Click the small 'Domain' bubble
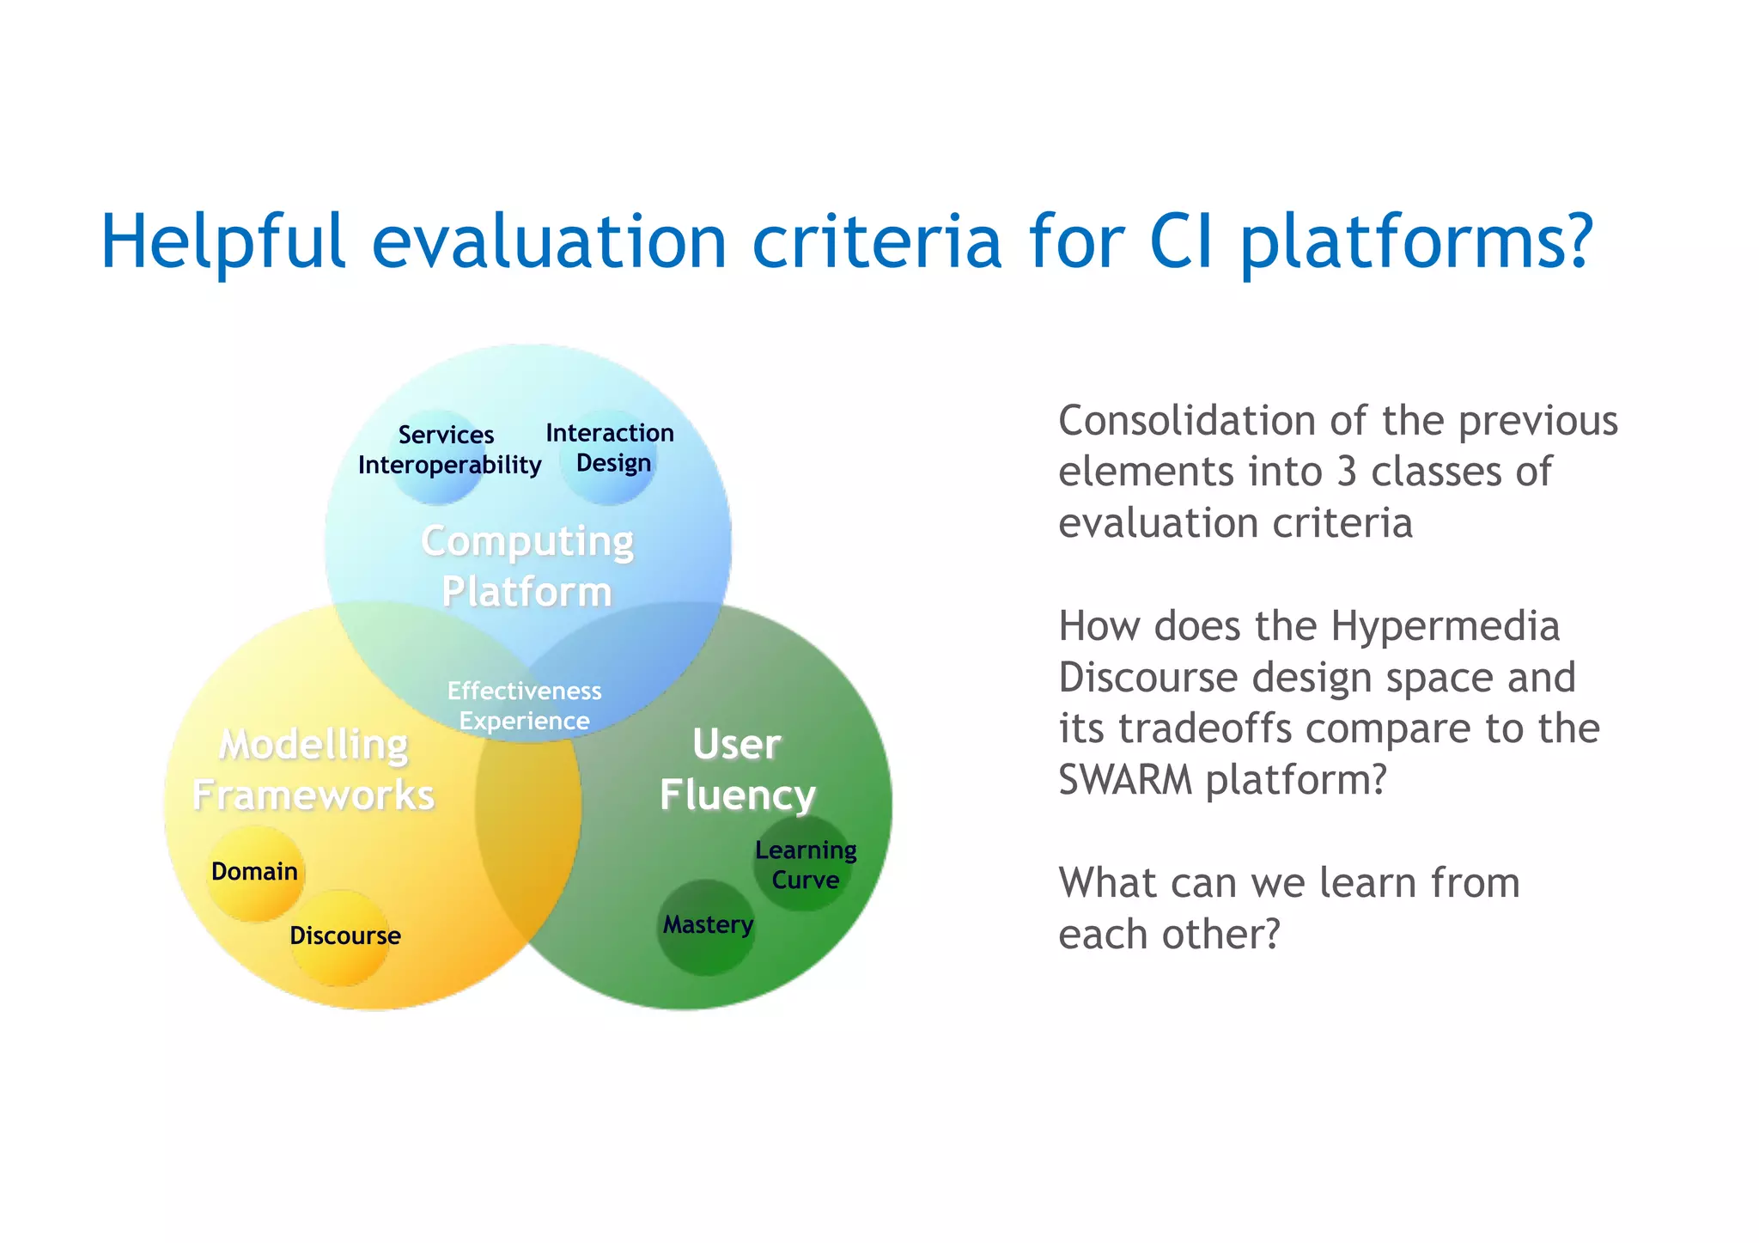pos(255,873)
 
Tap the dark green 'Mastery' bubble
pos(707,926)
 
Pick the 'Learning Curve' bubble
pos(805,864)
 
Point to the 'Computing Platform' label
pos(527,566)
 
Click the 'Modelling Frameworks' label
pos(313,770)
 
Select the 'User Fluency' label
pos(737,770)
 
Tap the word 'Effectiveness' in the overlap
pos(524,691)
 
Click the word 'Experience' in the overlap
pos(524,721)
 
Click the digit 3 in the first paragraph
pos(1346,472)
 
